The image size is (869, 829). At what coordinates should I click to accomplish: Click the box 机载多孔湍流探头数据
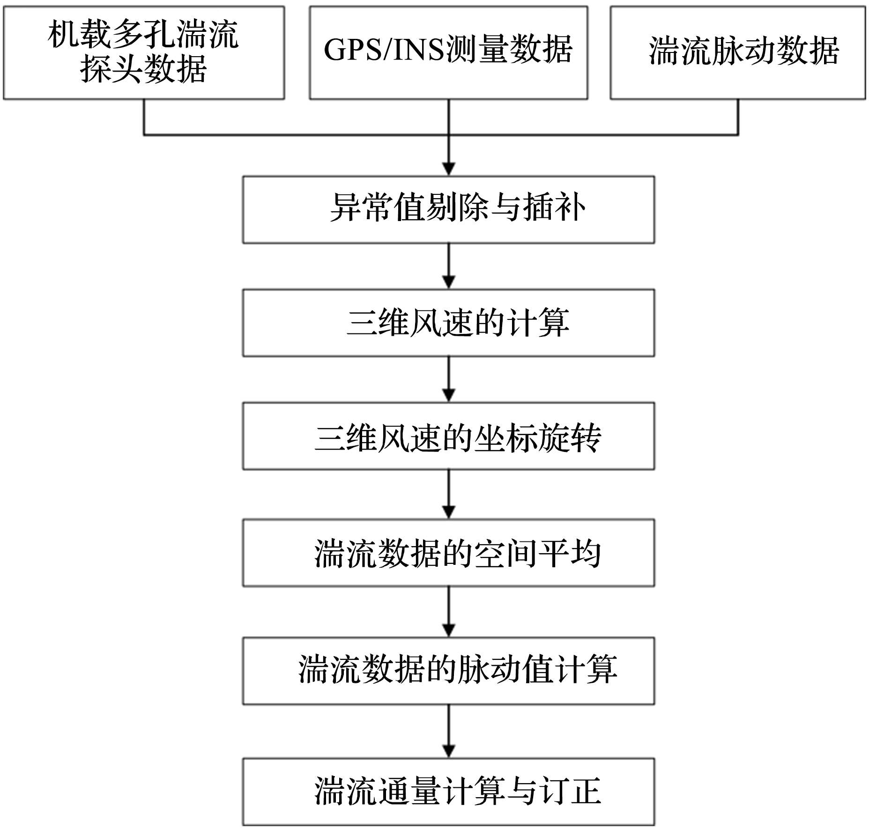point(144,52)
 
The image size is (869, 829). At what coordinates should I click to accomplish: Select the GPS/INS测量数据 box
point(448,52)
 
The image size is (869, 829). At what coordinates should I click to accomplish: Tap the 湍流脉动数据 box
point(737,52)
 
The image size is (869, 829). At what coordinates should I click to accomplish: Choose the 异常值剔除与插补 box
point(448,210)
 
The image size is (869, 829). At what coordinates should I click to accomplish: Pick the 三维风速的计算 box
point(448,323)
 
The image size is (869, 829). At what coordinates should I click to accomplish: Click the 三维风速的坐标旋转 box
point(448,436)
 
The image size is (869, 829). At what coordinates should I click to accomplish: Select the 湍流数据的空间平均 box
point(448,553)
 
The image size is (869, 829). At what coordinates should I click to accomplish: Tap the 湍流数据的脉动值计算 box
point(448,671)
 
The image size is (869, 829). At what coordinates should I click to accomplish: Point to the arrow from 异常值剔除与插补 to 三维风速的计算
point(449,266)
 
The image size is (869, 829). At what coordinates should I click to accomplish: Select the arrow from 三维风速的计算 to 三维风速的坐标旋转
point(449,379)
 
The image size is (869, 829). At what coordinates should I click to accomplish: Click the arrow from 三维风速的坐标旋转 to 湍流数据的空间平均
point(449,494)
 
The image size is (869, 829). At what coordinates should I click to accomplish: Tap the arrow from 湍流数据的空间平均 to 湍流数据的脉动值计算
point(449,612)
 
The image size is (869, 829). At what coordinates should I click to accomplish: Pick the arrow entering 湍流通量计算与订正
point(449,731)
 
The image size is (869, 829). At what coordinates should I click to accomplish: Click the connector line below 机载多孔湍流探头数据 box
point(144,117)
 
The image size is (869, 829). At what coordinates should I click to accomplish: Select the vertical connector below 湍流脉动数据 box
point(738,117)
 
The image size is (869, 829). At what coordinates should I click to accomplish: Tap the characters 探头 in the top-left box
point(111,69)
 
